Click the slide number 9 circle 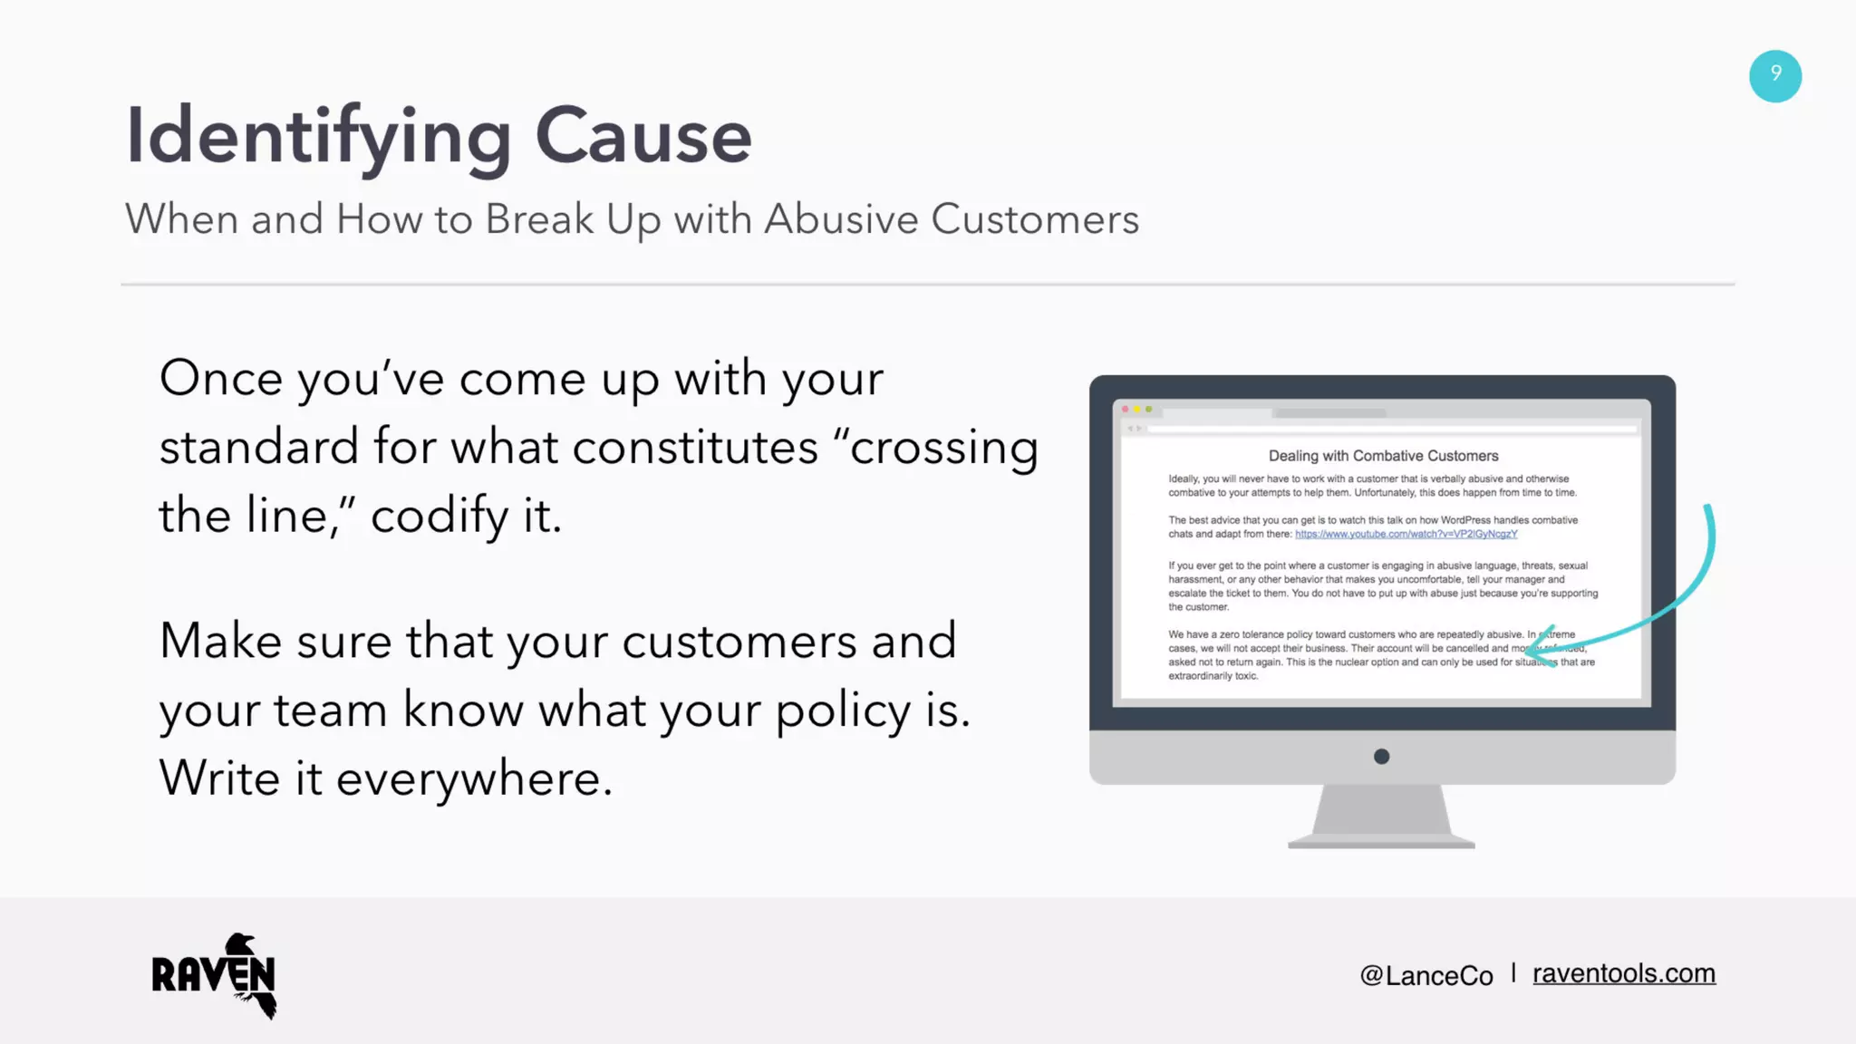point(1774,76)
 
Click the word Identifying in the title point(318,137)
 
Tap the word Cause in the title point(643,137)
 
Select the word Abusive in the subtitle point(841,219)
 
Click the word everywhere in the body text point(474,778)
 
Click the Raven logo point(215,975)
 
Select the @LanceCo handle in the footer point(1426,975)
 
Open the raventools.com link point(1623,973)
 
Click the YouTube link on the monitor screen point(1406,534)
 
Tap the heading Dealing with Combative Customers point(1383,456)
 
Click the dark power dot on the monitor point(1381,757)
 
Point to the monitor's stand point(1381,816)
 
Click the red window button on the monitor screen point(1126,410)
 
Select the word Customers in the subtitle point(1034,219)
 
